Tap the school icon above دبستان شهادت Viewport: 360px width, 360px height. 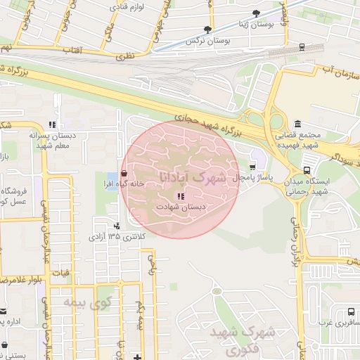(x=180, y=196)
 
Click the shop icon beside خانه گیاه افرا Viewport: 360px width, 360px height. (x=124, y=172)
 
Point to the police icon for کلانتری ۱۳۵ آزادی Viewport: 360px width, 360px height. (x=117, y=226)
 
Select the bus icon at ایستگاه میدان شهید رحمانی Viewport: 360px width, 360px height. (x=306, y=169)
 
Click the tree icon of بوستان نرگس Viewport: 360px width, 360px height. (x=207, y=30)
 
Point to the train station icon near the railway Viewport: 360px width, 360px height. (x=302, y=47)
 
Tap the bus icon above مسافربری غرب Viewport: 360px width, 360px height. (x=350, y=311)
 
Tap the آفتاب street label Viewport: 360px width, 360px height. (x=71, y=51)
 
